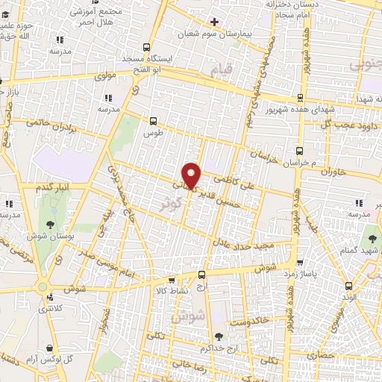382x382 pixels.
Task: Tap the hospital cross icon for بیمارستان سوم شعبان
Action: (214, 22)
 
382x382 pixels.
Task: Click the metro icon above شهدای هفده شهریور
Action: (299, 98)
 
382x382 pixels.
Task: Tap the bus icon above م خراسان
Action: (299, 149)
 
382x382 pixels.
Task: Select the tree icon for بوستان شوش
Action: (49, 224)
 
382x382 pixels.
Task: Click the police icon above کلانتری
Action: (49, 294)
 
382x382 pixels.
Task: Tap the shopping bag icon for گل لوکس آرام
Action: (49, 348)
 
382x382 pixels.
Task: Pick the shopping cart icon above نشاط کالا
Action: (172, 281)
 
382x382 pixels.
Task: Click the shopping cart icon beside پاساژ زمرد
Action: (299, 263)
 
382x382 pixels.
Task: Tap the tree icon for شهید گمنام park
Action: (371, 240)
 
